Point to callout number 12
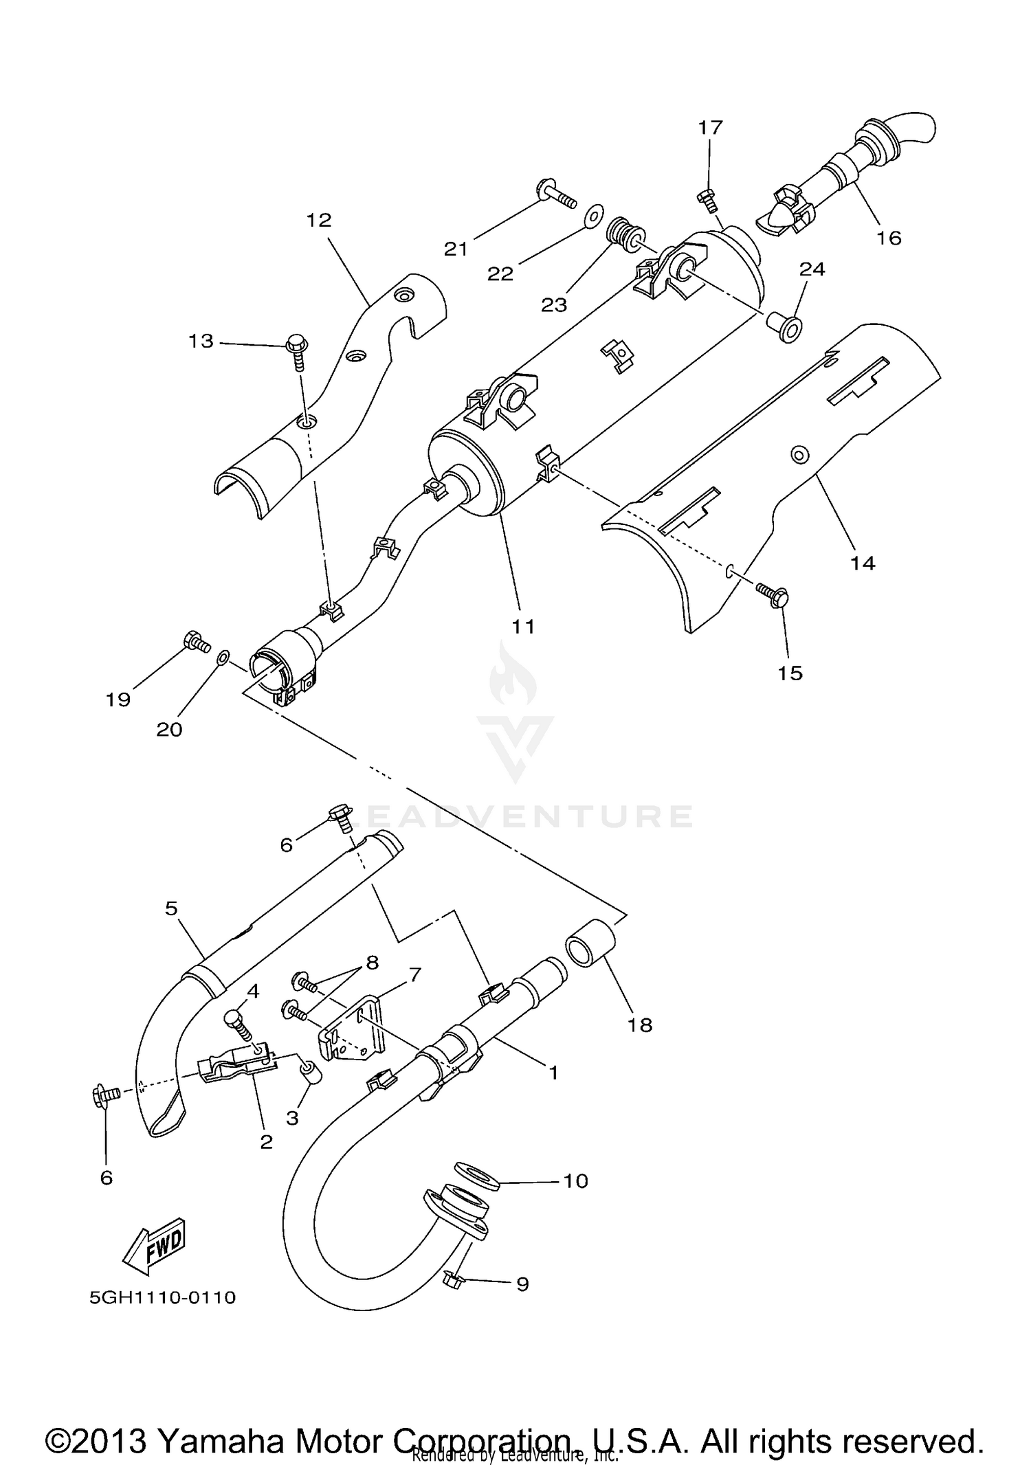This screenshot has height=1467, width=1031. coord(319,220)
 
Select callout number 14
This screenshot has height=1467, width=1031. coord(863,563)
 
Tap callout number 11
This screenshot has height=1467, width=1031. coord(522,626)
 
